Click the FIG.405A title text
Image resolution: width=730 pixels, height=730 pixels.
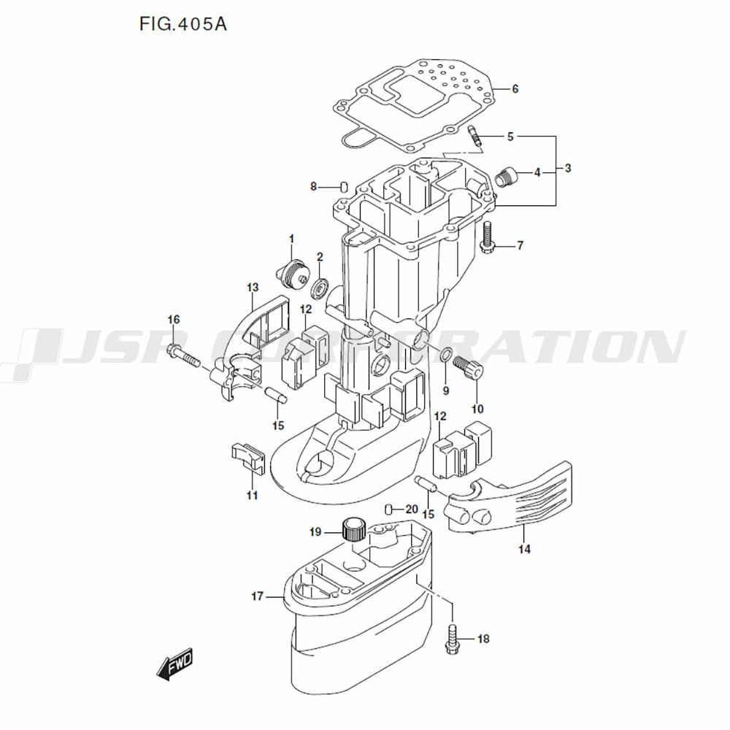click(183, 24)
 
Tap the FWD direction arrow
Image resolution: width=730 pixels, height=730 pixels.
click(174, 665)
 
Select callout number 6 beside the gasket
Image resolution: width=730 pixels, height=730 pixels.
click(515, 89)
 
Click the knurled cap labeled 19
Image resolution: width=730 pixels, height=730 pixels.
click(354, 526)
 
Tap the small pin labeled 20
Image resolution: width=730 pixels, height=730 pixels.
click(390, 509)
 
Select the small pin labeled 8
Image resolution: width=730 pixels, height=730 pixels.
click(343, 186)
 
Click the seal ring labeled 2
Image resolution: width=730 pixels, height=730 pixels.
click(320, 287)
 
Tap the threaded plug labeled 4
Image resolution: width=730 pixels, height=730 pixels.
click(505, 176)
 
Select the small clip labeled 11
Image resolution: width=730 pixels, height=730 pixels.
click(247, 456)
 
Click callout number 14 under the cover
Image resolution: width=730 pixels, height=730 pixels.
click(526, 548)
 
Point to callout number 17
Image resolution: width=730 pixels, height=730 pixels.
click(257, 596)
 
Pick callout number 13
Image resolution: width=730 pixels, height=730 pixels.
click(253, 287)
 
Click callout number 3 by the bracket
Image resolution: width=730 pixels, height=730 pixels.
click(568, 168)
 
